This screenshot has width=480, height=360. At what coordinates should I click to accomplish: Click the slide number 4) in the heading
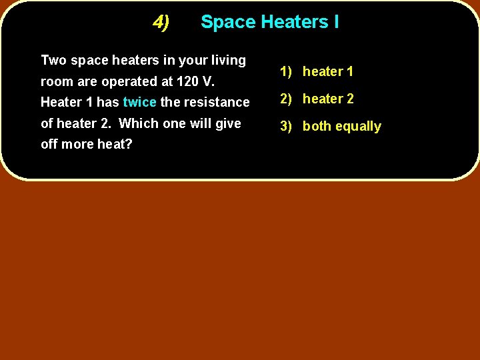161,23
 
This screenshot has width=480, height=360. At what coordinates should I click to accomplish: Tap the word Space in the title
228,23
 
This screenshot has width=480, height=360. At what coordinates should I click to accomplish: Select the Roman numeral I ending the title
336,22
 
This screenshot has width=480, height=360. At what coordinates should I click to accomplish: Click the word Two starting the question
53,60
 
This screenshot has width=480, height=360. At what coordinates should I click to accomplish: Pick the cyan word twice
139,102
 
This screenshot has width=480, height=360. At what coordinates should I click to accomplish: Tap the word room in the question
56,82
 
